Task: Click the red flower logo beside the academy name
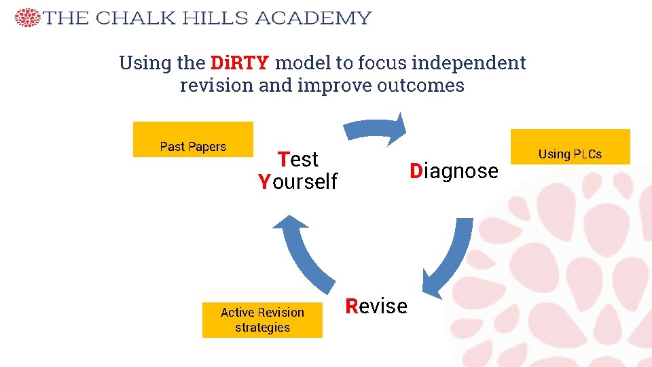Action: coord(27,18)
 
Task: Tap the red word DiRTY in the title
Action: coord(240,63)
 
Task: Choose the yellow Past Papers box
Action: coord(193,139)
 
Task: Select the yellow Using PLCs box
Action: coord(570,147)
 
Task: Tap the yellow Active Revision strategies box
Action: coord(262,319)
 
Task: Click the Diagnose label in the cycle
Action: coord(454,171)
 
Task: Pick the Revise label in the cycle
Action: coord(376,307)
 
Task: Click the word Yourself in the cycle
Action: coord(297,182)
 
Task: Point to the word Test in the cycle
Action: coord(298,160)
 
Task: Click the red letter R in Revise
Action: coord(351,307)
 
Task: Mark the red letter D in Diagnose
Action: coord(416,171)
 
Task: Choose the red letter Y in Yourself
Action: coord(264,182)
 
